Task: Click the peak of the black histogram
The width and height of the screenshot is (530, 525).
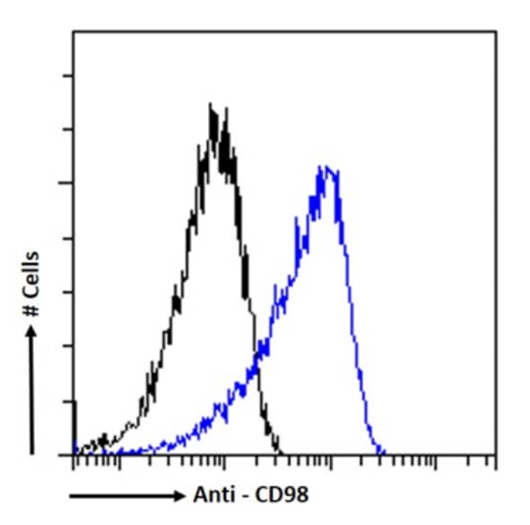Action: point(212,106)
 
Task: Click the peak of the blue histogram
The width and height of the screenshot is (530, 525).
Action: point(325,167)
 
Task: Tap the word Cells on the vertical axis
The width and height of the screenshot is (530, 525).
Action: point(32,270)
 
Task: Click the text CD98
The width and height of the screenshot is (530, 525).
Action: point(282,494)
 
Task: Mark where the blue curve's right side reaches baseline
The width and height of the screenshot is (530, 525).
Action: point(383,453)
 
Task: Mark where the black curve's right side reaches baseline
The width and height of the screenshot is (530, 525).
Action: point(280,453)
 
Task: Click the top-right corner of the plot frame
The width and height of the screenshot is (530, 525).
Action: point(495,32)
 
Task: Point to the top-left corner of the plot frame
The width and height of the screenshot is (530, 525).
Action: point(73,32)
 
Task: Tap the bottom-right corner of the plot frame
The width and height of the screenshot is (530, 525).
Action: point(495,455)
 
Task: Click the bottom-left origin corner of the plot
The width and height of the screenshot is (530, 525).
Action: point(73,455)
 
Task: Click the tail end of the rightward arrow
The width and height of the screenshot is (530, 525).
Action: point(70,495)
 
